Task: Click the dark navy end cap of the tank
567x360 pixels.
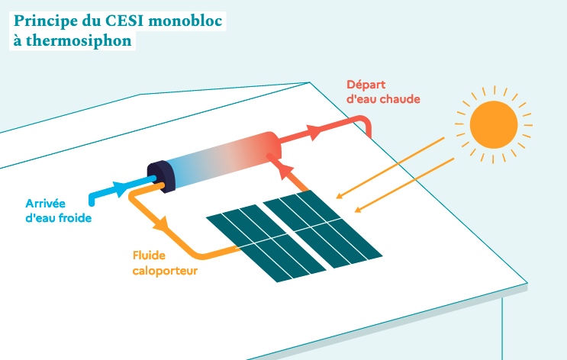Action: pyautogui.click(x=161, y=176)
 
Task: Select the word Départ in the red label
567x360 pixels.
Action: pyautogui.click(x=366, y=84)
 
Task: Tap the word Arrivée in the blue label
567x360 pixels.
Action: pyautogui.click(x=46, y=204)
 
